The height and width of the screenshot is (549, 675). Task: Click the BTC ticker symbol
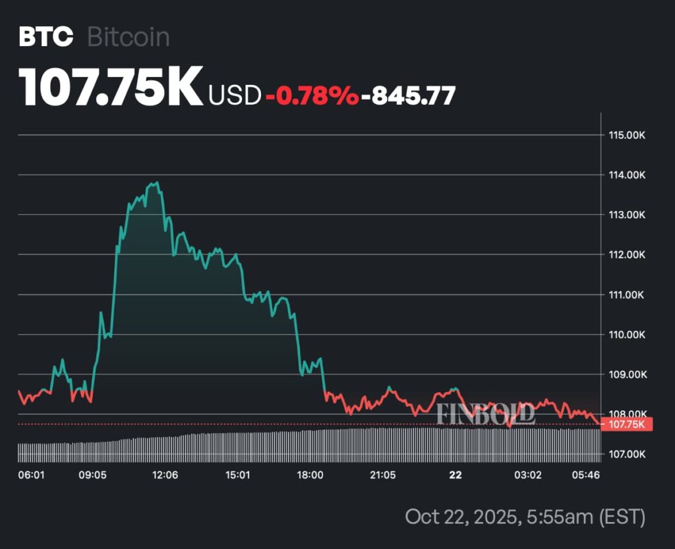(x=45, y=37)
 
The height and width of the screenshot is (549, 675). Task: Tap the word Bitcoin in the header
(x=129, y=37)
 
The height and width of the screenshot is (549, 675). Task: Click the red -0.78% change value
(x=312, y=96)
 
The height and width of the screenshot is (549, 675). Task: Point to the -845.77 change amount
(x=413, y=96)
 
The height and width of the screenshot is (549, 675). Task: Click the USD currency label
(x=235, y=96)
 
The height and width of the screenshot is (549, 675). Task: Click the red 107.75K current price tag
(x=626, y=424)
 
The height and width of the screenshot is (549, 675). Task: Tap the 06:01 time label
(x=31, y=475)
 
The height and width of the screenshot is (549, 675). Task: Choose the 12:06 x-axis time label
(x=165, y=475)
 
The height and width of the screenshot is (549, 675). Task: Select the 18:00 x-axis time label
(x=310, y=475)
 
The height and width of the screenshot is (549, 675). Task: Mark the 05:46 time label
(x=586, y=475)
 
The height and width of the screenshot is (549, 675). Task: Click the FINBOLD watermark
(x=485, y=414)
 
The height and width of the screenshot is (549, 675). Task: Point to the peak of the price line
(x=156, y=183)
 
